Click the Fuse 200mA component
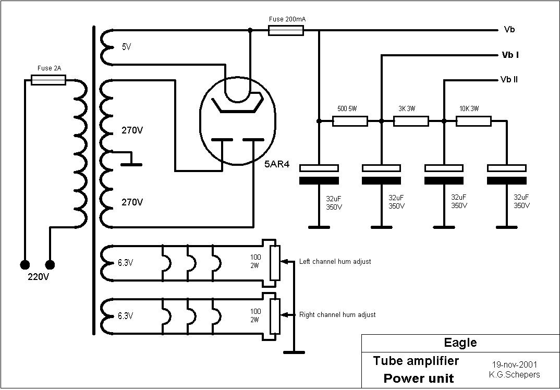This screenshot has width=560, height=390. (x=286, y=31)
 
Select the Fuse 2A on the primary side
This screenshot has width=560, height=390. (x=48, y=80)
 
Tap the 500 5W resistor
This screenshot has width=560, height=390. (x=350, y=121)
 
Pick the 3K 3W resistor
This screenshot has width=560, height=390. (x=411, y=121)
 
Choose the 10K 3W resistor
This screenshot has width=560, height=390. (x=473, y=121)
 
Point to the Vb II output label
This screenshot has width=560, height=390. (x=508, y=80)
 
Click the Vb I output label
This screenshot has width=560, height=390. (x=510, y=55)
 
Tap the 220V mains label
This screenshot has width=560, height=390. (x=38, y=277)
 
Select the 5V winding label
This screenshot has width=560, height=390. (x=126, y=47)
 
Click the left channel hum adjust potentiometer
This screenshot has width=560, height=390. (x=275, y=262)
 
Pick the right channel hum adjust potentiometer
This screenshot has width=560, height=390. (x=275, y=315)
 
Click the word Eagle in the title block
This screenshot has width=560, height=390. (x=460, y=343)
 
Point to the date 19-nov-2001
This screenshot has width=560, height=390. (x=514, y=365)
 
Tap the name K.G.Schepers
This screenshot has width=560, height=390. (x=514, y=374)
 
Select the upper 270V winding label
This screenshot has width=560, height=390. (x=132, y=130)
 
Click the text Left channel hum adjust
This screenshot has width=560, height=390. (x=335, y=261)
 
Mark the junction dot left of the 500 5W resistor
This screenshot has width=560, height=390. (x=319, y=121)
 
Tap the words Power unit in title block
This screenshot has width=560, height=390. (x=418, y=379)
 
